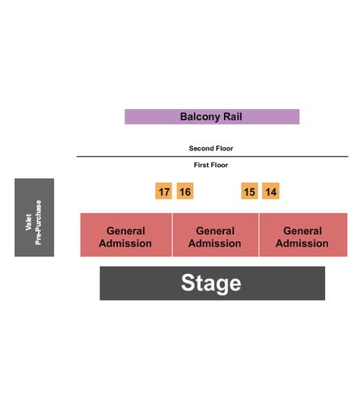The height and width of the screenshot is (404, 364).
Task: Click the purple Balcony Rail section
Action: [212, 116]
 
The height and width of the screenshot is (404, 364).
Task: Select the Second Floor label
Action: [211, 148]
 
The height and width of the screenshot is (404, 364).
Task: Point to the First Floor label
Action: [211, 165]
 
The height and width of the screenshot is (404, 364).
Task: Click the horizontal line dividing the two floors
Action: [213, 156]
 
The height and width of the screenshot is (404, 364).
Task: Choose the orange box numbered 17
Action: [163, 191]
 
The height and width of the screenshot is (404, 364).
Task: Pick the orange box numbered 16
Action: [185, 191]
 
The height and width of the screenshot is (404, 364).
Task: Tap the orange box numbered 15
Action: [249, 191]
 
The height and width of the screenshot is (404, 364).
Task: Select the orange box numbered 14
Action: [271, 191]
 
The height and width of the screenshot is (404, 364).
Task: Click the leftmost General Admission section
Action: [126, 235]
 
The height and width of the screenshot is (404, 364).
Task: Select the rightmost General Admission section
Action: [303, 235]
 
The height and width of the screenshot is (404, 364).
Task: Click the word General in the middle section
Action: [215, 231]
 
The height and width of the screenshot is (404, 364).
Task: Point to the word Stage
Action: [211, 283]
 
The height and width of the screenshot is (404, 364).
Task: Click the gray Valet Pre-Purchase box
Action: [34, 217]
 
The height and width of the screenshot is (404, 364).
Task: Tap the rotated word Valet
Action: [28, 222]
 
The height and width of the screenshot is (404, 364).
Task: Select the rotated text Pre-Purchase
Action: [38, 222]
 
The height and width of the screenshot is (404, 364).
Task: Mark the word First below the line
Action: [201, 165]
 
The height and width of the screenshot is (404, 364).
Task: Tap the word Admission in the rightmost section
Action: [302, 243]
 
